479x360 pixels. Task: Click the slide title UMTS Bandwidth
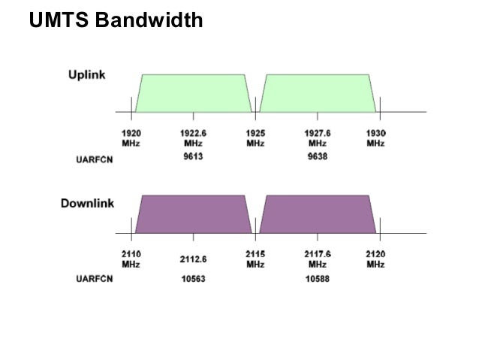(x=116, y=20)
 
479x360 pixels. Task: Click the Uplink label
(x=88, y=75)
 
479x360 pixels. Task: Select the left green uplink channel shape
(x=193, y=92)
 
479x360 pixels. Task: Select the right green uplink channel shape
(x=317, y=92)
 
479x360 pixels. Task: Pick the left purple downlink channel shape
(x=193, y=213)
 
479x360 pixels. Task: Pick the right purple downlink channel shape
(x=317, y=213)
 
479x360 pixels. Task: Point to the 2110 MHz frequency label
(x=131, y=259)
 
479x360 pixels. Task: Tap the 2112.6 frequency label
(x=193, y=259)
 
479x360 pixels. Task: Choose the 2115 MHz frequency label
(x=255, y=259)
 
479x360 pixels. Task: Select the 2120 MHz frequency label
(x=376, y=259)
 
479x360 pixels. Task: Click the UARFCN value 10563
(x=193, y=279)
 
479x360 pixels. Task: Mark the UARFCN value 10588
(x=317, y=279)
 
